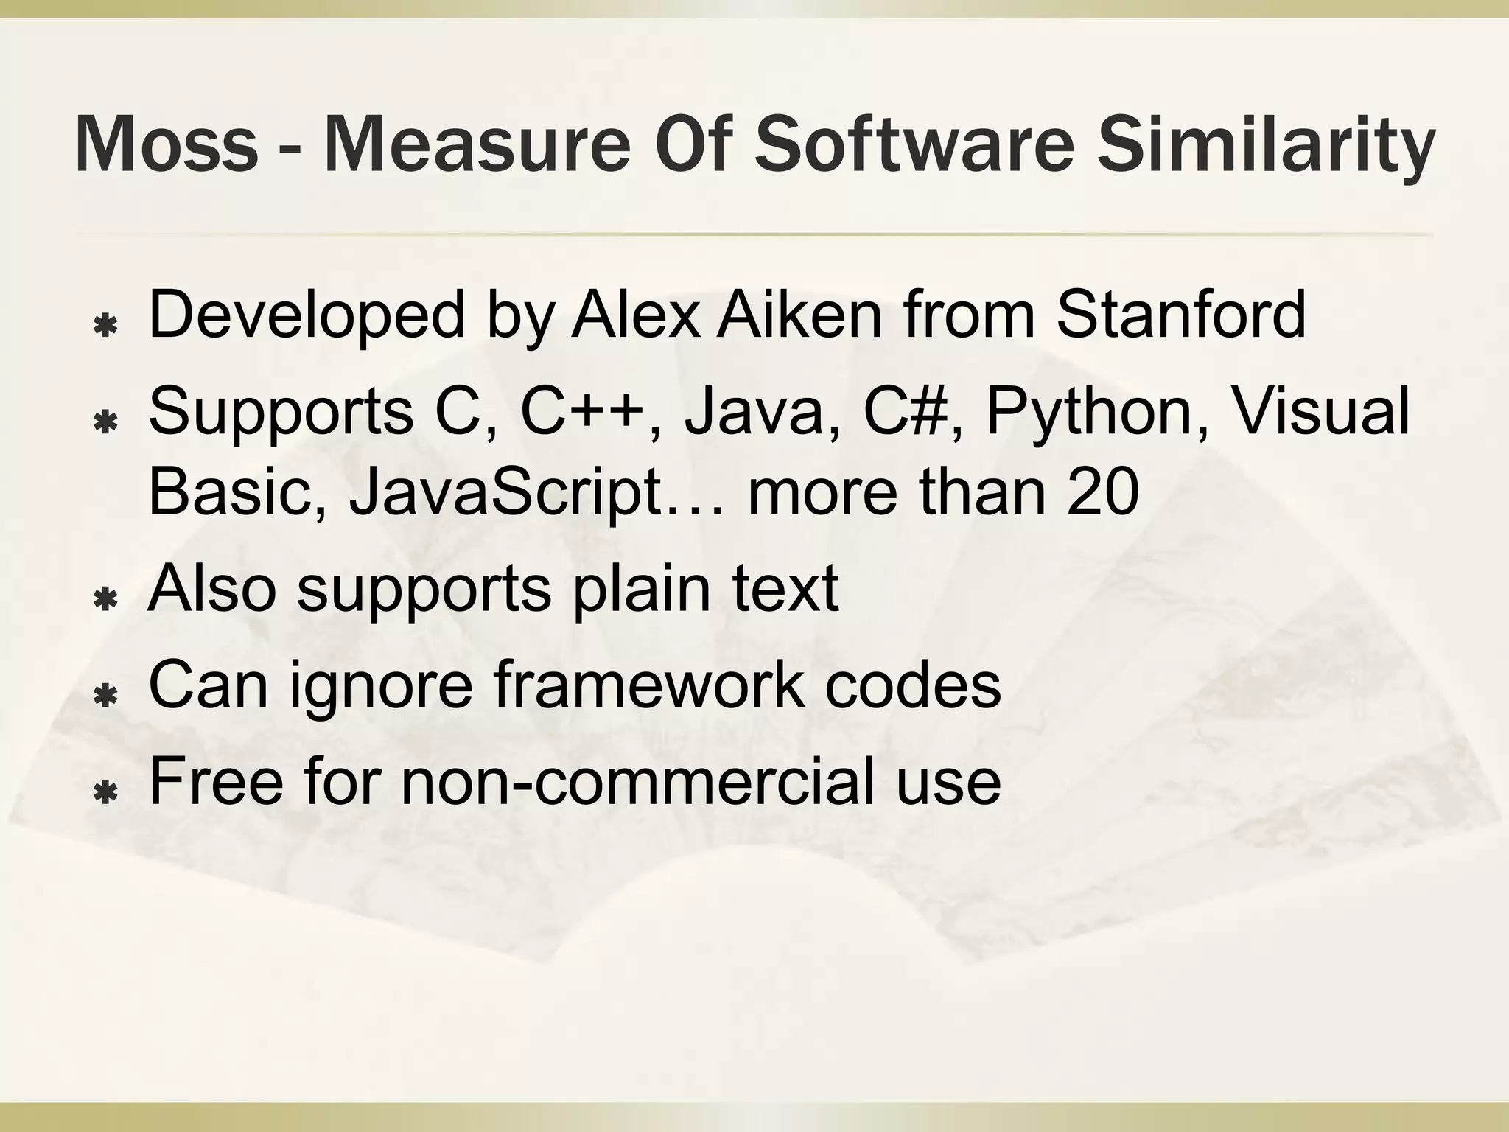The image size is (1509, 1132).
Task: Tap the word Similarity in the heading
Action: (x=1265, y=145)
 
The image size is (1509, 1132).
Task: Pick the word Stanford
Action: (x=1181, y=315)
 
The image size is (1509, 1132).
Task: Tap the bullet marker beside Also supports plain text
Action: (x=108, y=600)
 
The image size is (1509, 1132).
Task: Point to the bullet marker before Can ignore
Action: (x=108, y=696)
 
